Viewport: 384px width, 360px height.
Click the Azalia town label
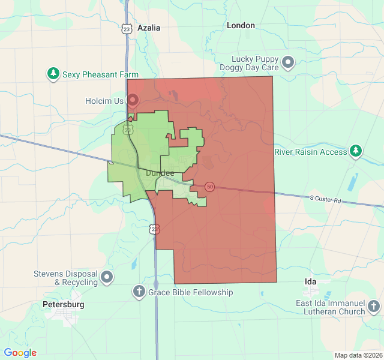tap(149, 28)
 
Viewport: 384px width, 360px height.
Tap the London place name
tap(241, 26)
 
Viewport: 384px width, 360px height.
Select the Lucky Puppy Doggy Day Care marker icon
tap(289, 62)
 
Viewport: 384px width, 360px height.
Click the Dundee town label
tap(160, 173)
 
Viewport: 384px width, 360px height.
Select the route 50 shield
tap(209, 186)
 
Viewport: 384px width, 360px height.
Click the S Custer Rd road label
tap(325, 199)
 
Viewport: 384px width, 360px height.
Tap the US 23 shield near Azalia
tap(126, 28)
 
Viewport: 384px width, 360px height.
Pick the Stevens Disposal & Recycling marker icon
tap(107, 277)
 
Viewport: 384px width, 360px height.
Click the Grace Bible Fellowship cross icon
tap(139, 292)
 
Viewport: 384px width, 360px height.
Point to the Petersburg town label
tap(64, 304)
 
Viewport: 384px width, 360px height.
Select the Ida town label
tap(310, 281)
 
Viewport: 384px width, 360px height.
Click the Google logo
tap(20, 353)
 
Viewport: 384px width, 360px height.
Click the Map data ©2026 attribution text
tap(358, 355)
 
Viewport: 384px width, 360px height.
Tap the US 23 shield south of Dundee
tap(155, 229)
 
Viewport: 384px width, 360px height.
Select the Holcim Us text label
tap(104, 101)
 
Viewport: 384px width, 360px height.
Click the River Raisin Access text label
tap(311, 152)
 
